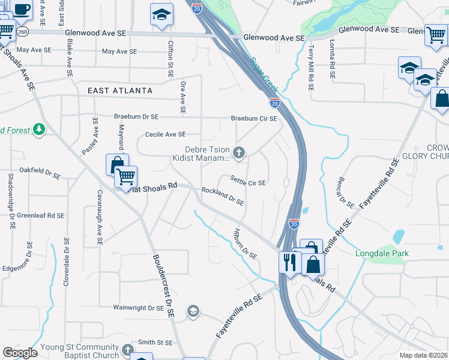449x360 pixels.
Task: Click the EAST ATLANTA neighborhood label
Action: pyautogui.click(x=120, y=91)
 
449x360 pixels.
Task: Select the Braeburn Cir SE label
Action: pyautogui.click(x=254, y=118)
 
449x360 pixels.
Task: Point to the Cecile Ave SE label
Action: pyautogui.click(x=165, y=135)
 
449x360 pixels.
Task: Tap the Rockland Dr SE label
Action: pyautogui.click(x=223, y=196)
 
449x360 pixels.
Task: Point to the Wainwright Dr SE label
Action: pyautogui.click(x=139, y=308)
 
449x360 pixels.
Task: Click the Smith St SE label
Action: pyautogui.click(x=155, y=343)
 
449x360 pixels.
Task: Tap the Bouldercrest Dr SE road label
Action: pyautogui.click(x=163, y=287)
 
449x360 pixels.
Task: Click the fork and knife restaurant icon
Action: pyautogui.click(x=289, y=263)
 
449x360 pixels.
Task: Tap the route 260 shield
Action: pyautogui.click(x=23, y=31)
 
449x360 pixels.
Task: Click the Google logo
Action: pyautogui.click(x=20, y=352)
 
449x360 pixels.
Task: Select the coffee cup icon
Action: pyautogui.click(x=22, y=9)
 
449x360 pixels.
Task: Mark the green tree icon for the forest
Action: pyautogui.click(x=39, y=129)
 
